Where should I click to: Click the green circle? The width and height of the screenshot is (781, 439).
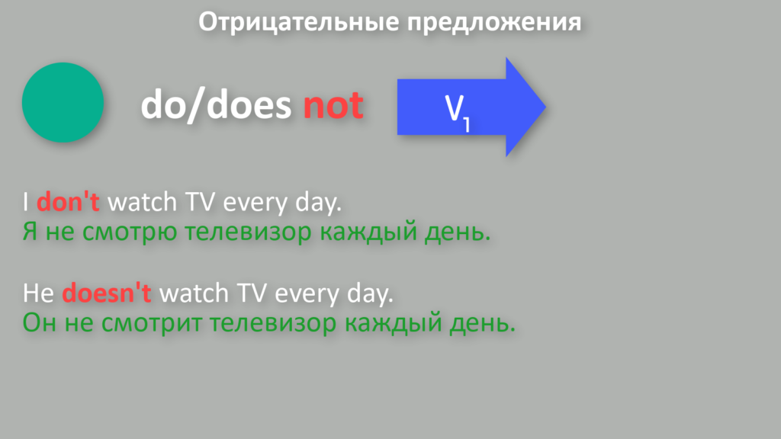click(x=63, y=103)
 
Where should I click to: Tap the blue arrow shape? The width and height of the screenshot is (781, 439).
click(x=471, y=107)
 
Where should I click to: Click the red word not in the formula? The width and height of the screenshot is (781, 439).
click(x=333, y=105)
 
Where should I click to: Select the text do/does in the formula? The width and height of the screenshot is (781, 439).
click(x=216, y=105)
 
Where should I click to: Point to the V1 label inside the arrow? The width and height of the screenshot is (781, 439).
click(x=457, y=113)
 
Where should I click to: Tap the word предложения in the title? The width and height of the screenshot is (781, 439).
click(x=494, y=22)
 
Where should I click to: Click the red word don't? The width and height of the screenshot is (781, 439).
click(x=68, y=201)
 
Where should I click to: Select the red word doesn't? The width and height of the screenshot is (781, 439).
click(x=107, y=293)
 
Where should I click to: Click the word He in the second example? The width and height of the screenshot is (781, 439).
click(x=38, y=293)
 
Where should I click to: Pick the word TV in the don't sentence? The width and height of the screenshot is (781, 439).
click(x=201, y=201)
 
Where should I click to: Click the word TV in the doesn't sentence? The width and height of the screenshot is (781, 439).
click(x=252, y=293)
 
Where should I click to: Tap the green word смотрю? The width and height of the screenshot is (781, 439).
click(x=130, y=232)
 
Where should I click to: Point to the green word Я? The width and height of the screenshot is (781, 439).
click(x=30, y=232)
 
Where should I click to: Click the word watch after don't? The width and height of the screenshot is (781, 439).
click(x=143, y=201)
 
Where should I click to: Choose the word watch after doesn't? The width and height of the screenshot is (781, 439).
click(x=194, y=293)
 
